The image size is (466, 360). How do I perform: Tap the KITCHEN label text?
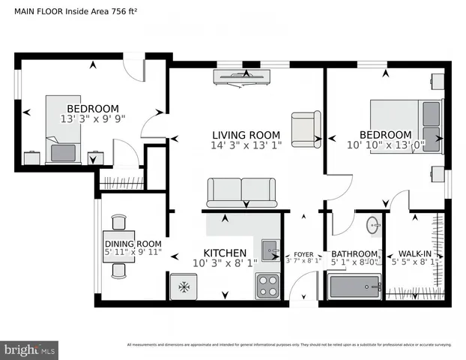pyautogui.click(x=226, y=253)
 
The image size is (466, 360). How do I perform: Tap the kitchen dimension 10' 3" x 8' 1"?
pyautogui.click(x=225, y=263)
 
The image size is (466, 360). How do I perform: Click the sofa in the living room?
pyautogui.click(x=240, y=192)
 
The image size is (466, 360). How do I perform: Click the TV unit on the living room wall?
pyautogui.click(x=241, y=76)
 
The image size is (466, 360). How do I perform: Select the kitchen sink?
pyautogui.click(x=270, y=247)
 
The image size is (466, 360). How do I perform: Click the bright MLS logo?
pyautogui.click(x=30, y=349)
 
